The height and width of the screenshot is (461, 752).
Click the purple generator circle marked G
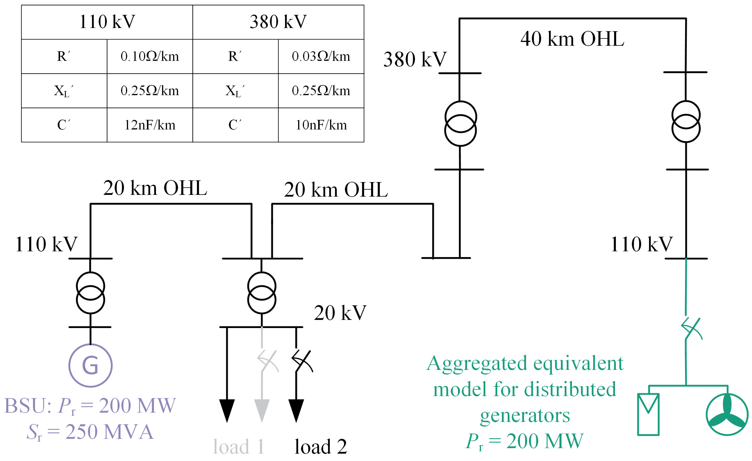click(90, 365)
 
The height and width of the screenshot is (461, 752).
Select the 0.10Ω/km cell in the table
click(149, 56)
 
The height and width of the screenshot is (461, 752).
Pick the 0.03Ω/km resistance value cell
click(321, 56)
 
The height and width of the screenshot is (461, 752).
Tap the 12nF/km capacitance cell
click(149, 125)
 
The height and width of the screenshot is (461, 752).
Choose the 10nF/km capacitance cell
click(321, 125)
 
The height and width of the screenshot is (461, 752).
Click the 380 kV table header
click(278, 22)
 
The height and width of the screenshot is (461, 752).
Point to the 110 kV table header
click(107, 22)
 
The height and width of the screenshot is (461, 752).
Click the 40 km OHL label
click(572, 39)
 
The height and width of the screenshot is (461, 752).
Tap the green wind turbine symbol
click(727, 414)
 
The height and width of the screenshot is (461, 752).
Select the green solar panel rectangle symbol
click(648, 414)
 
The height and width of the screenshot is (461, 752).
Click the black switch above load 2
click(302, 361)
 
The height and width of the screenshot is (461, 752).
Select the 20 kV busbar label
click(340, 313)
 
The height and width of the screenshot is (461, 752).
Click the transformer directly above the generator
click(90, 293)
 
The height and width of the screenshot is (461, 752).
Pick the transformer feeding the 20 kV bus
click(262, 293)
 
